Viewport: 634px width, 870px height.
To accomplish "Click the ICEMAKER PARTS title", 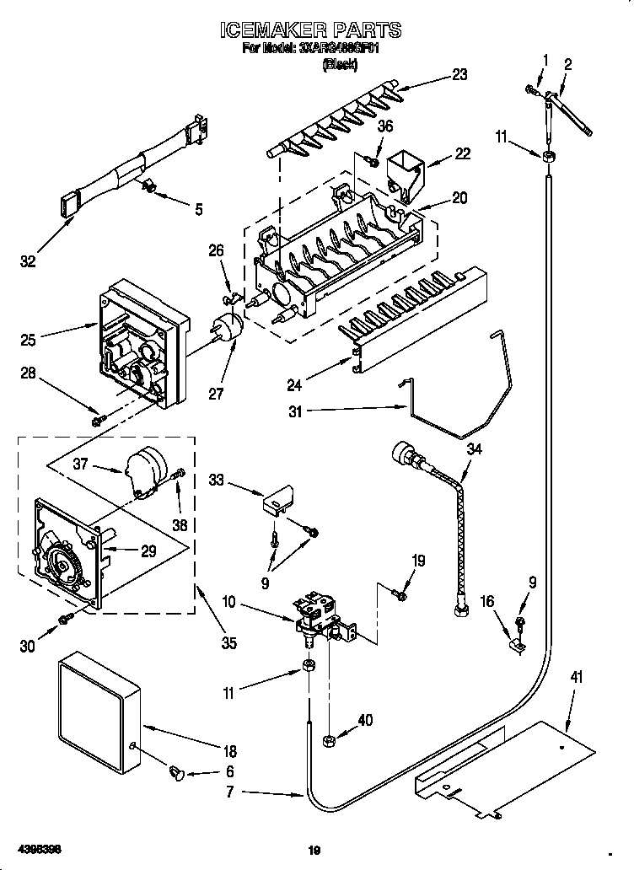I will [x=310, y=31].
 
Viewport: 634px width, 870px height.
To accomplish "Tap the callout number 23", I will [x=459, y=74].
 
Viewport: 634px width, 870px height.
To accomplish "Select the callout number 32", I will [x=29, y=262].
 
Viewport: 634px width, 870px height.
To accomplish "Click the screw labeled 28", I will [x=98, y=418].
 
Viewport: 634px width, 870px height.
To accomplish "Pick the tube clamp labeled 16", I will [x=518, y=647].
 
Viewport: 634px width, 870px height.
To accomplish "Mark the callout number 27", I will [x=217, y=394].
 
